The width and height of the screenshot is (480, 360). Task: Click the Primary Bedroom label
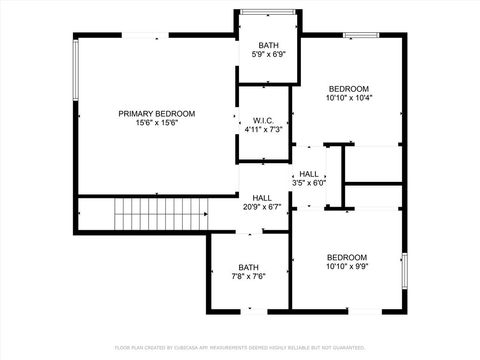pos(157,114)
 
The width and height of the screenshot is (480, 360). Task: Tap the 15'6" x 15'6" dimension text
pos(157,125)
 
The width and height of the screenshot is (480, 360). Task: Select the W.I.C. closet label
pos(264,120)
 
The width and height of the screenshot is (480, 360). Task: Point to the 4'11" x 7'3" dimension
pos(264,130)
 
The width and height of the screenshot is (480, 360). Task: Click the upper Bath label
pos(268,46)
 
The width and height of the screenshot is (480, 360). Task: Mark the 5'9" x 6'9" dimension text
pos(268,56)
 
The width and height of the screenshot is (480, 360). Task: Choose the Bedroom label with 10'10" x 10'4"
pos(349,88)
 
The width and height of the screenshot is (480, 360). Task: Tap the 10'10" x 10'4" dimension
pos(349,98)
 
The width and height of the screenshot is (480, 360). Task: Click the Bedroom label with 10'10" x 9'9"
pos(347,257)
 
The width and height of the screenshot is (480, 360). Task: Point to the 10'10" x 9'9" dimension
pos(347,267)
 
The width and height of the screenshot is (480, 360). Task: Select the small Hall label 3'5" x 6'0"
pos(308,174)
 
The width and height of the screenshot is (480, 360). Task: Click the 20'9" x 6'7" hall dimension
pos(262,208)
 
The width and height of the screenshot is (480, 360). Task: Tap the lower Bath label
pos(248,267)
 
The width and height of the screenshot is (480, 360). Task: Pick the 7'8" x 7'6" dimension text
pos(248,277)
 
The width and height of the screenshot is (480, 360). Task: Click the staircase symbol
pos(161,213)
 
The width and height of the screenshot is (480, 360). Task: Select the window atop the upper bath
pos(268,13)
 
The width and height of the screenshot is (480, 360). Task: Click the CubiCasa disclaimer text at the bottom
pos(240,347)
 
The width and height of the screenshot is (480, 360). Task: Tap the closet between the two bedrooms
pos(372,165)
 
